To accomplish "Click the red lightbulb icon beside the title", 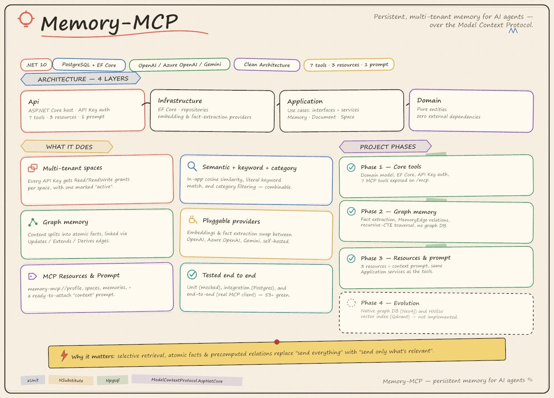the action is point(26,19).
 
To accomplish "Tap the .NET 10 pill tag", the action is point(36,65).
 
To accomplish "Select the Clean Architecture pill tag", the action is point(267,65).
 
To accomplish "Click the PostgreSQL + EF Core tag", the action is point(89,65).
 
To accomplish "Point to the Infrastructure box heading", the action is point(180,101).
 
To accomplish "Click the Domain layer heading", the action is point(429,100).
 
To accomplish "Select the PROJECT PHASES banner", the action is point(385,147).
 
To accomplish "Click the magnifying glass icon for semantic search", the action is point(192,166).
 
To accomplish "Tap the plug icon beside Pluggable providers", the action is point(193,220).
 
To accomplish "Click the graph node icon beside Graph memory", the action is point(33,222).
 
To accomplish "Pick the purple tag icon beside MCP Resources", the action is point(33,276).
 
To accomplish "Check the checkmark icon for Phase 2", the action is point(351,211).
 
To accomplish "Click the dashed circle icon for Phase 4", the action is point(351,302).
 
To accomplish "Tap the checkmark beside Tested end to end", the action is point(192,274).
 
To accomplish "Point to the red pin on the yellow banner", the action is point(277,342).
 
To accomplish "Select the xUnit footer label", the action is point(33,380).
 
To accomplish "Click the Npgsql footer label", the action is point(113,380).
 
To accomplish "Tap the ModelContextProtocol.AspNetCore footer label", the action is point(187,380).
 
